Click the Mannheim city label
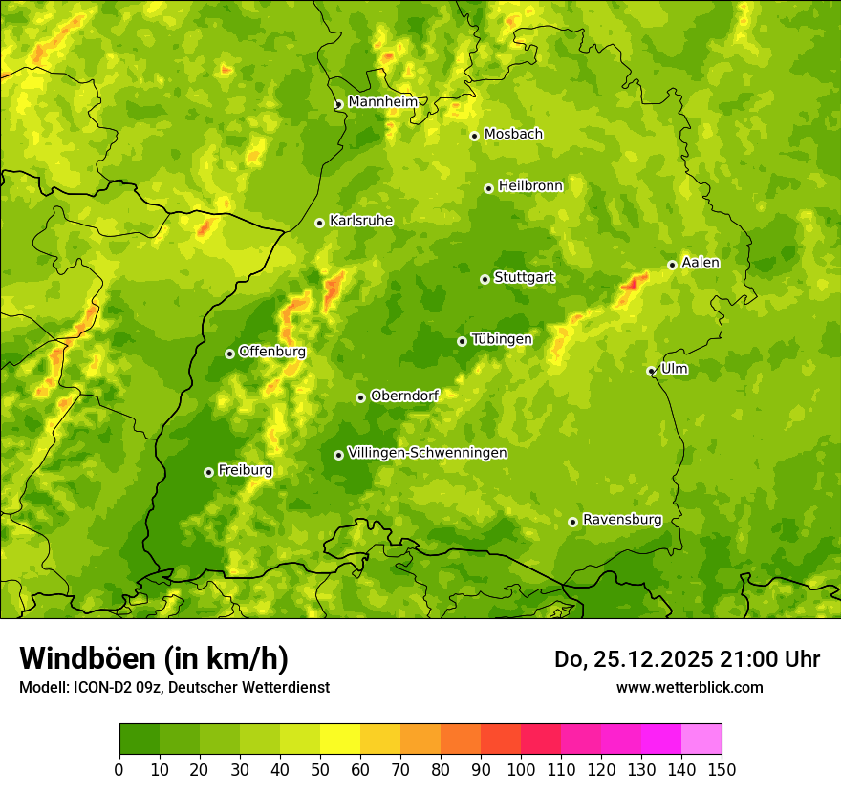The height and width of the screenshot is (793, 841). [x=382, y=102]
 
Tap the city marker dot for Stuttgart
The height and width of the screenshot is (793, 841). [x=485, y=279]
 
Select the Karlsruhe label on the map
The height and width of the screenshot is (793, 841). [x=361, y=221]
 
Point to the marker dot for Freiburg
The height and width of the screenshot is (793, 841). [x=208, y=472]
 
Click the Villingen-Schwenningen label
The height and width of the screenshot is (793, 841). [x=427, y=453]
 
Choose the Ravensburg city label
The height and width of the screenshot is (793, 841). [x=622, y=520]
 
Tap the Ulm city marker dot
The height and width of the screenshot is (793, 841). [x=651, y=371]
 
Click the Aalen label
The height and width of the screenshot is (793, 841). [x=701, y=263]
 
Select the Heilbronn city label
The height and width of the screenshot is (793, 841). [x=530, y=186]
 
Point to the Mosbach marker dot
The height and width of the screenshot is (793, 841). [x=474, y=136]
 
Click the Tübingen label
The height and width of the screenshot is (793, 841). [x=502, y=339]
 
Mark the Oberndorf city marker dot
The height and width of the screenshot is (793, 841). [x=360, y=397]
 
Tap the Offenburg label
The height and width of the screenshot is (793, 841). [x=272, y=352]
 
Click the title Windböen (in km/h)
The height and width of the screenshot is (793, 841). [x=154, y=658]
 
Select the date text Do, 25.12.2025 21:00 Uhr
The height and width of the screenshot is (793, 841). [x=687, y=659]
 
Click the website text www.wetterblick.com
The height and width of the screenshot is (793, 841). [x=689, y=687]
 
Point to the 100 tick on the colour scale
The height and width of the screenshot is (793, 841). [x=521, y=769]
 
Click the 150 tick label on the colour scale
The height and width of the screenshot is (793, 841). [x=722, y=769]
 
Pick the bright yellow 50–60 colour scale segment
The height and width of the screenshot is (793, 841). [x=340, y=739]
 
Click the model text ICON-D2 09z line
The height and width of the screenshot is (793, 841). [x=174, y=687]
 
